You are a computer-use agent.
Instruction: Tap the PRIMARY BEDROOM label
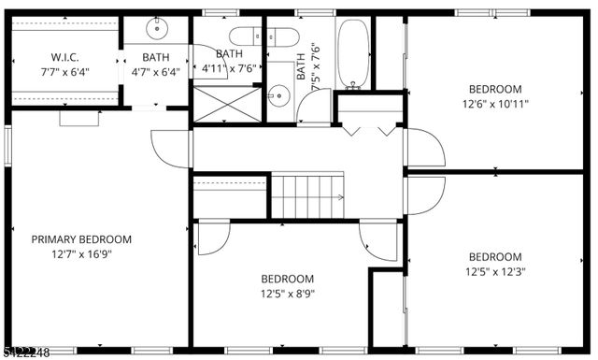81,239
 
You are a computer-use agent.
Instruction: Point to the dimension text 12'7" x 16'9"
81,254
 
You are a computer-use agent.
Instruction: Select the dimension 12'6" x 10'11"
494,106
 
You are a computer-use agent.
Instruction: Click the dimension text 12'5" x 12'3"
494,272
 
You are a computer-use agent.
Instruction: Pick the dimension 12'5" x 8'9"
287,294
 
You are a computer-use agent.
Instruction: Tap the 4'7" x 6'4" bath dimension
155,70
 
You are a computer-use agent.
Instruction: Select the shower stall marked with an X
227,104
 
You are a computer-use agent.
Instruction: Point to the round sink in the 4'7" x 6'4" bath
155,30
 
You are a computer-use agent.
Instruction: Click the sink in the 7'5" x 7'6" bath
278,94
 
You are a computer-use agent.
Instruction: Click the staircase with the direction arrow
306,195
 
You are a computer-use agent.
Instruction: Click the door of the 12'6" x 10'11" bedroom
425,148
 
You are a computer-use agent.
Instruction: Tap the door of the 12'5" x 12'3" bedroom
425,195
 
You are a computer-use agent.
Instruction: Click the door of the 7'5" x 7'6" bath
314,108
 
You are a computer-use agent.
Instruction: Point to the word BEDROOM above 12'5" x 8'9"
287,279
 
